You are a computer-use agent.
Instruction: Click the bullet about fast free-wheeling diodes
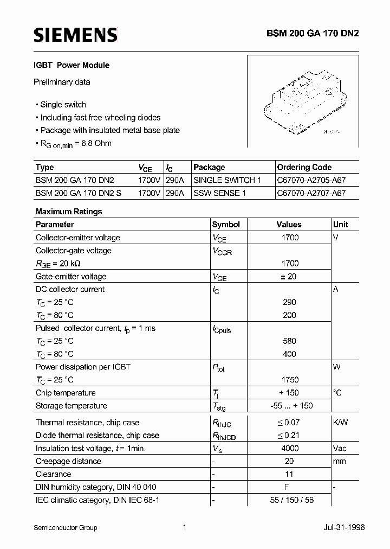(100, 117)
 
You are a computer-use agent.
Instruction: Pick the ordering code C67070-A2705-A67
(311, 180)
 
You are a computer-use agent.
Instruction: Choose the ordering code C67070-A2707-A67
(311, 193)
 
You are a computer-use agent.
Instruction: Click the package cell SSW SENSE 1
(219, 193)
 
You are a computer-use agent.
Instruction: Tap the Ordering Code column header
(304, 167)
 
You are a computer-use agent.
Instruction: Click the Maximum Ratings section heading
(69, 212)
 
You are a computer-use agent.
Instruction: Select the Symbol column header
(226, 225)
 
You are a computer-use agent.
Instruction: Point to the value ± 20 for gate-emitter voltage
(289, 277)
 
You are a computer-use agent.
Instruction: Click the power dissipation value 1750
(289, 380)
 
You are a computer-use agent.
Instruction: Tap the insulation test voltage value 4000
(289, 449)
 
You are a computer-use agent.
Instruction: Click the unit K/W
(341, 423)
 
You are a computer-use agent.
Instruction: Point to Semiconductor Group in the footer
(65, 527)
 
